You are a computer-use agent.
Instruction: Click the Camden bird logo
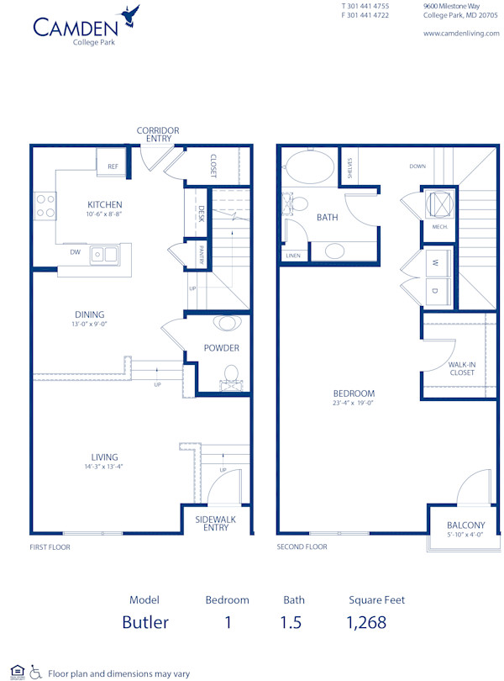point(130,14)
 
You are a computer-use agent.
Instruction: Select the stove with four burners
point(45,207)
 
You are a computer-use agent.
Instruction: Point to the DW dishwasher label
point(75,251)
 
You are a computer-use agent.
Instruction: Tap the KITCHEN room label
point(105,204)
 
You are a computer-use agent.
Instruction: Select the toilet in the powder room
point(231,375)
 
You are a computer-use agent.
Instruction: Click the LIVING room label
point(105,457)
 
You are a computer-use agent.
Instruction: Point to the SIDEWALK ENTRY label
point(216,523)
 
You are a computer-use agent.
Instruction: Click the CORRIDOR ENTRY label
point(158,135)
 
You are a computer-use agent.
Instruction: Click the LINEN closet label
point(293,256)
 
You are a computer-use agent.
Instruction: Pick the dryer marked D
point(434,291)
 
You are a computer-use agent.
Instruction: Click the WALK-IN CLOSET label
point(461,368)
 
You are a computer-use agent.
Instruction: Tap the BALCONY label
point(465,525)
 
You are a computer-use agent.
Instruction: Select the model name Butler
point(145,622)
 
